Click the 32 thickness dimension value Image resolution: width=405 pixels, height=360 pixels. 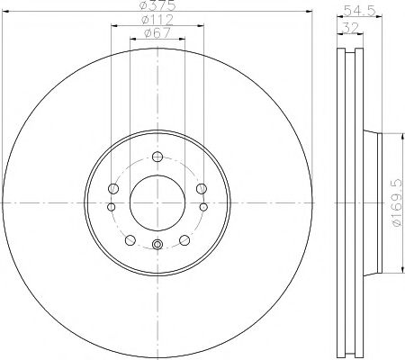346,26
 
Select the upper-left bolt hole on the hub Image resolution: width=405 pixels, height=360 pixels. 113,189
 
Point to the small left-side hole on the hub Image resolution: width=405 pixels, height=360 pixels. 110,208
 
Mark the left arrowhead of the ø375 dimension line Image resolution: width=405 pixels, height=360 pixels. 4,16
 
